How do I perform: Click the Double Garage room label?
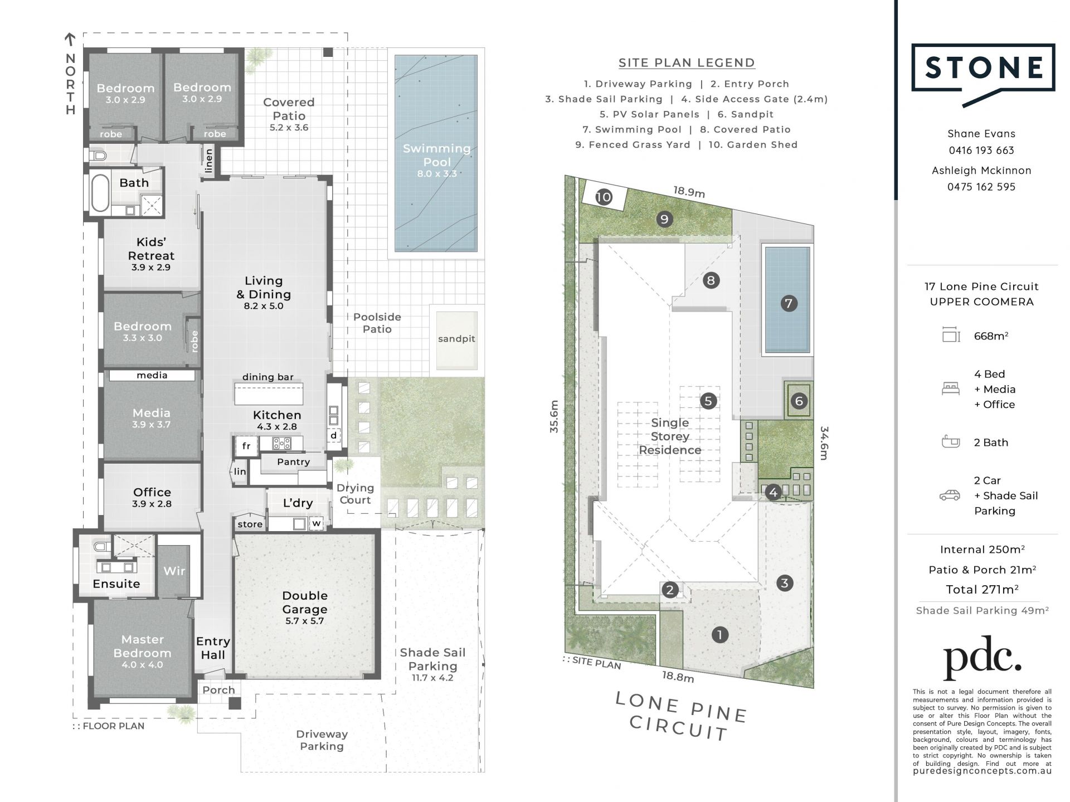click(x=304, y=607)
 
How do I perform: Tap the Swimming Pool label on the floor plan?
click(x=437, y=161)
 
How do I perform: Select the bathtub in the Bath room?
click(x=100, y=193)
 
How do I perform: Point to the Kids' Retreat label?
click(x=151, y=254)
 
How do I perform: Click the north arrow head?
click(x=70, y=39)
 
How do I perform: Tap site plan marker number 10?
click(x=604, y=197)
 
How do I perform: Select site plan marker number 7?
click(x=788, y=304)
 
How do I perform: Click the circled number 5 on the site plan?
click(x=708, y=401)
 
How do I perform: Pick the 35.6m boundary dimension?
click(x=553, y=417)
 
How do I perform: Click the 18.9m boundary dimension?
click(x=689, y=192)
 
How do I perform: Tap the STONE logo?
click(x=984, y=75)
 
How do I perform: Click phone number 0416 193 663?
click(x=981, y=150)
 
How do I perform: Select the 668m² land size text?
click(x=991, y=336)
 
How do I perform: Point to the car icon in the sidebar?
click(x=950, y=495)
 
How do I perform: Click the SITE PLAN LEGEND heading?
click(x=687, y=63)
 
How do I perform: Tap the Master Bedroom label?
click(x=143, y=651)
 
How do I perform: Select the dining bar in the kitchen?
click(x=269, y=393)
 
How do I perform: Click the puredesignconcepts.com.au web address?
click(x=983, y=771)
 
